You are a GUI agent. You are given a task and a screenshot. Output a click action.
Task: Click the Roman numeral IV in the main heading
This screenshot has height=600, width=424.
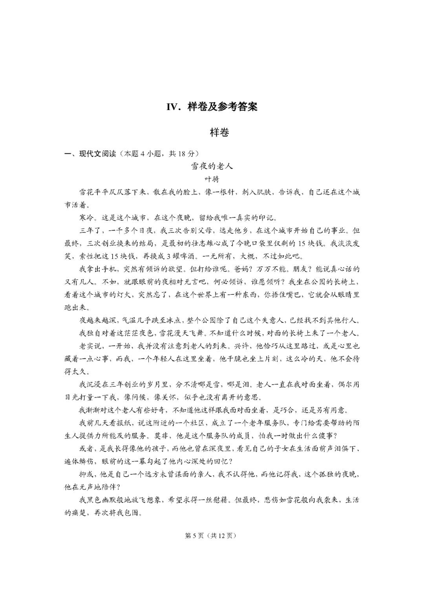pos(173,106)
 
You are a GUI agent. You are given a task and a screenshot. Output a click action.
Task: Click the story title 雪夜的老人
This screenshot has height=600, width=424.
pos(212,166)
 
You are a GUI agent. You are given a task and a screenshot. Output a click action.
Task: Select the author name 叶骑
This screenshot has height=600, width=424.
pos(212,179)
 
